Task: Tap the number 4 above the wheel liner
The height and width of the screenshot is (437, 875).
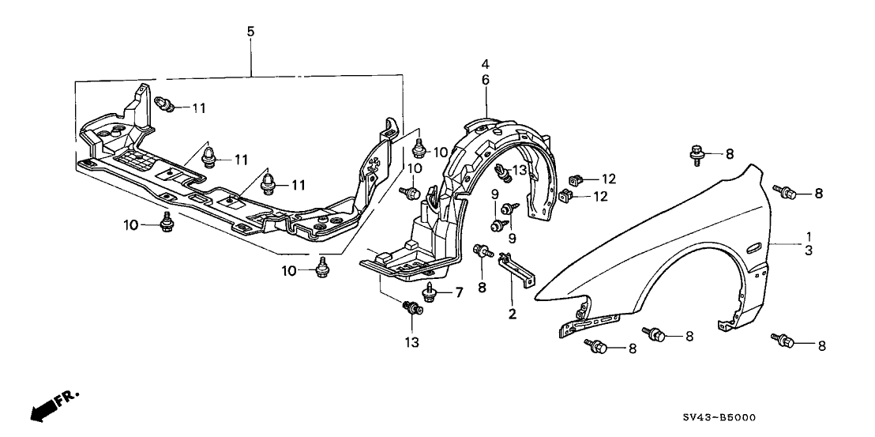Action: [486, 64]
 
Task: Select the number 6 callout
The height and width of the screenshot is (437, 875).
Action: [486, 80]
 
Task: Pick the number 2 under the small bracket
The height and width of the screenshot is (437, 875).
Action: [512, 315]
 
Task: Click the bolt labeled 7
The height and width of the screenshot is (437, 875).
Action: [430, 293]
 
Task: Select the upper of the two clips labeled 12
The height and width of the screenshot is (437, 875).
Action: [576, 179]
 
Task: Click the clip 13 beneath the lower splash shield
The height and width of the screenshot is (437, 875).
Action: [411, 308]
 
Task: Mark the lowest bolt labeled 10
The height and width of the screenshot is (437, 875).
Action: [321, 269]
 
